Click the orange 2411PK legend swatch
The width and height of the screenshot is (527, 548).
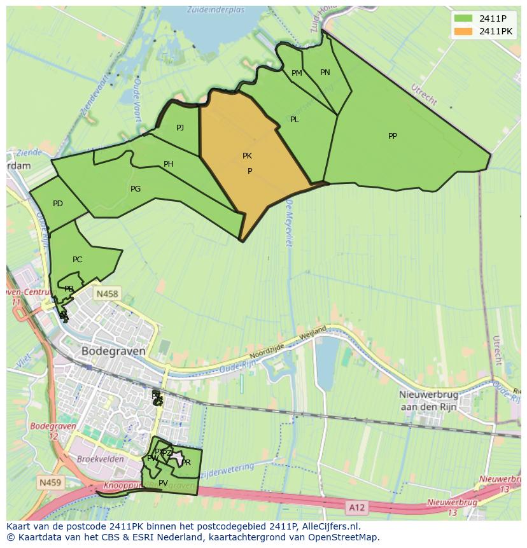pos(463,31)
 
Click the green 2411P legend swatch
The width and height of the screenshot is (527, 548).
pos(463,18)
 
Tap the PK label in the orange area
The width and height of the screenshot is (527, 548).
pos(247,156)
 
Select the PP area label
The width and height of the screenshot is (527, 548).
pos(393,136)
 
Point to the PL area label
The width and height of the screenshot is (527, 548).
pos(294,120)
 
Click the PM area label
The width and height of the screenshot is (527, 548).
pos(297,73)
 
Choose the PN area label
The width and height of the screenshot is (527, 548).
pos(325,73)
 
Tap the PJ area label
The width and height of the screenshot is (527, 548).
pos(180,128)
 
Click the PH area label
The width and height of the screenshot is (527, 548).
pos(168,164)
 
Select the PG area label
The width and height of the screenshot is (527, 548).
pos(136,189)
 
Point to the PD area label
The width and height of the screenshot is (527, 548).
pos(58,204)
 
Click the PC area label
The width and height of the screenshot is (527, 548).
pos(77,260)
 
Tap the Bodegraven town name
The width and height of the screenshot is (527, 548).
pos(113,351)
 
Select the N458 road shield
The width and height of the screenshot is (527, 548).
pos(106,294)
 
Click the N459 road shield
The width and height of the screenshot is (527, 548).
pos(50,482)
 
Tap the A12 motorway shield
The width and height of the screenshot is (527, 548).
pos(357,507)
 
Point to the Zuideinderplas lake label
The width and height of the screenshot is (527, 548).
pos(216,10)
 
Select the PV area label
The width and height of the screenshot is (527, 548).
pos(163,483)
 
